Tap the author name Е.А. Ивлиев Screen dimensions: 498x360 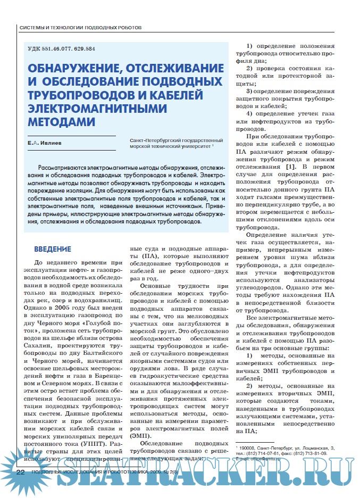(x=49, y=143)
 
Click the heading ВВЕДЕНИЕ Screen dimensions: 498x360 (x=52, y=248)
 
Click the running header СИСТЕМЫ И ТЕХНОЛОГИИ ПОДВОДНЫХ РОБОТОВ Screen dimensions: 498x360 (x=80, y=27)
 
